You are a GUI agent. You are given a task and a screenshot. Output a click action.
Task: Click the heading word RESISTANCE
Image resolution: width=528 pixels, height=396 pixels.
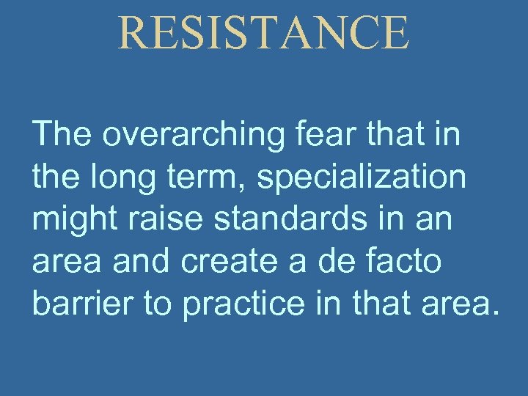point(263,33)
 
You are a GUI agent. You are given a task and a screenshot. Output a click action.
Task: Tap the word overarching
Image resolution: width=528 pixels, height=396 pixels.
point(198,136)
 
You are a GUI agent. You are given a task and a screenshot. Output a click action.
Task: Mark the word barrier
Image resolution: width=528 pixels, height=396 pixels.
point(81,304)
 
